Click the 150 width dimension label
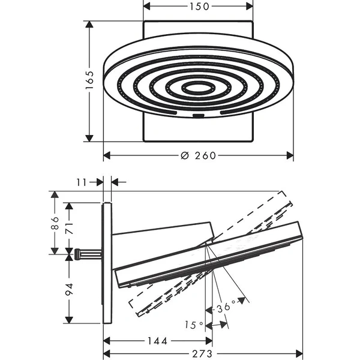[x=199, y=7]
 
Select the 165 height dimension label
[x=89, y=80]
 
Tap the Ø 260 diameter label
[x=198, y=155]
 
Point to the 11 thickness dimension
[x=82, y=182]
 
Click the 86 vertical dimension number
[x=55, y=223]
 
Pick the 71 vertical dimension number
[x=70, y=228]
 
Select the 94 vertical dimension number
[x=70, y=289]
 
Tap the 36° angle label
[x=226, y=307]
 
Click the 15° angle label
[x=194, y=325]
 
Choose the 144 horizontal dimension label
[x=157, y=341]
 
